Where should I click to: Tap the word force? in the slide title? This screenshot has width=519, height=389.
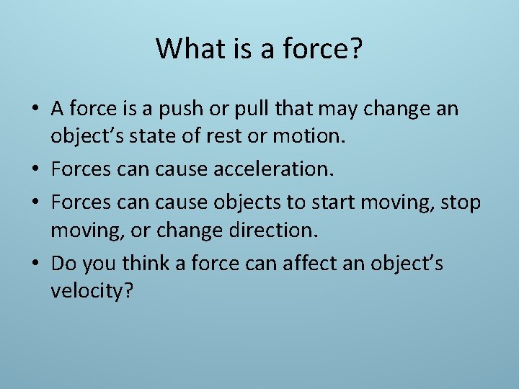326,49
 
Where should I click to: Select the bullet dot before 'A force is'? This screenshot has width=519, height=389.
35,110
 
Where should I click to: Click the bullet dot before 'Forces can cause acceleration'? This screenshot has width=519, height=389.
35,172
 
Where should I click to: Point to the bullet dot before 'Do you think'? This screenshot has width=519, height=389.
35,265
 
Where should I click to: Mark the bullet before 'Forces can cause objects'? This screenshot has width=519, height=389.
35,203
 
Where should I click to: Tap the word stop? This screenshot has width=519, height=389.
459,203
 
